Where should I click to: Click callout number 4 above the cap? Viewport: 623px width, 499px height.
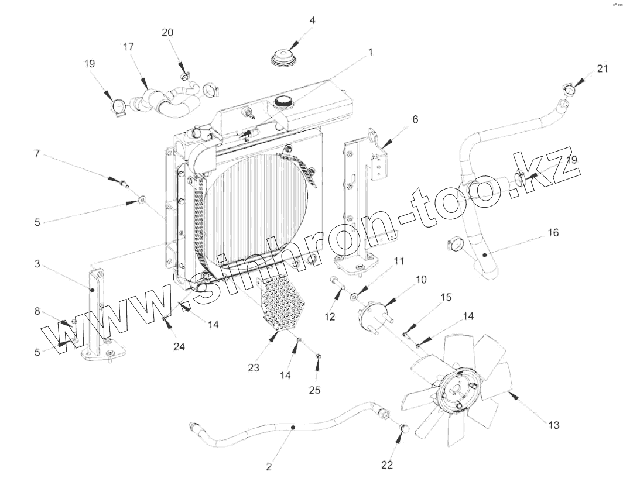click(312, 20)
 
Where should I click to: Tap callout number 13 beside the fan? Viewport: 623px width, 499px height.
click(553, 425)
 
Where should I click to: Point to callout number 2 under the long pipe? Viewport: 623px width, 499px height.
click(269, 466)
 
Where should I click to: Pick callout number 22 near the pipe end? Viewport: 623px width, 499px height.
click(387, 464)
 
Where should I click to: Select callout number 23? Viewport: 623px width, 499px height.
click(253, 368)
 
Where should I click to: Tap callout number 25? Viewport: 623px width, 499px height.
click(315, 390)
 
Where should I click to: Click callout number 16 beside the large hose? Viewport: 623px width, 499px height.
click(553, 233)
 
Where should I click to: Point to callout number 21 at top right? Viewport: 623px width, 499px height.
click(603, 68)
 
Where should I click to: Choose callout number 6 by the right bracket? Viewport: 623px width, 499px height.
click(415, 120)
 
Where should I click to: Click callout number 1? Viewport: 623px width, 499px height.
click(370, 52)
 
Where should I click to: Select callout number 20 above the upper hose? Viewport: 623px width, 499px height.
click(167, 32)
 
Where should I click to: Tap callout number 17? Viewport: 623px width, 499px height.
click(128, 46)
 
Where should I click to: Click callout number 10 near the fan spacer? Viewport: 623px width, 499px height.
click(421, 280)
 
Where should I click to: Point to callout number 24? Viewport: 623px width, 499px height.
click(179, 346)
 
